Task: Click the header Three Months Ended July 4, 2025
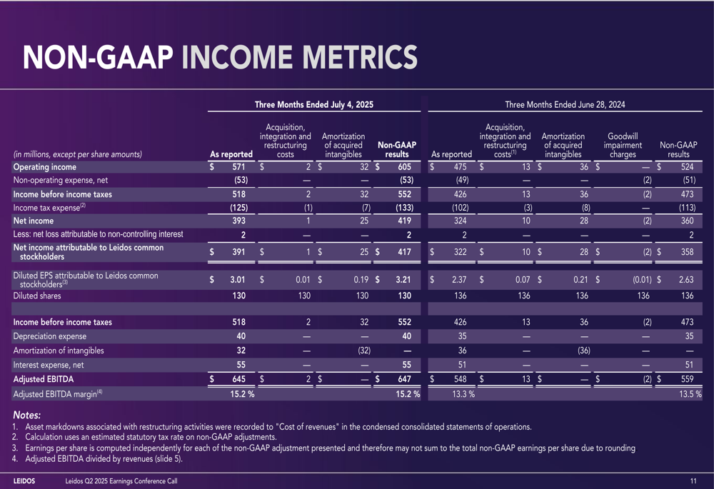tap(313, 105)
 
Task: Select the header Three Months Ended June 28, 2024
tap(565, 105)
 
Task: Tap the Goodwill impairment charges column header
tap(623, 145)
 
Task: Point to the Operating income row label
tap(44, 167)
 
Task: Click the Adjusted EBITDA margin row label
tap(58, 394)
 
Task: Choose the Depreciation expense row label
tap(50, 336)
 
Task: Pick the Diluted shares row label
tap(37, 296)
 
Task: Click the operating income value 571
tap(238, 167)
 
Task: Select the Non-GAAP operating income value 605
tap(404, 167)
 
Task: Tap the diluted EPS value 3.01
tap(237, 280)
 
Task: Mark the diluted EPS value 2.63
tap(685, 280)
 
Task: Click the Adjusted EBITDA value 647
tap(404, 379)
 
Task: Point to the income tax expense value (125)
tap(238, 208)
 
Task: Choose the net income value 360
tap(687, 221)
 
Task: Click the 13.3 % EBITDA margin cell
tap(463, 394)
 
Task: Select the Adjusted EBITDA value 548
tap(461, 379)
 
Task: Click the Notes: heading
tap(27, 415)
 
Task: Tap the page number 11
tap(693, 481)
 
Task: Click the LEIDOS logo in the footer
tap(24, 481)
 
